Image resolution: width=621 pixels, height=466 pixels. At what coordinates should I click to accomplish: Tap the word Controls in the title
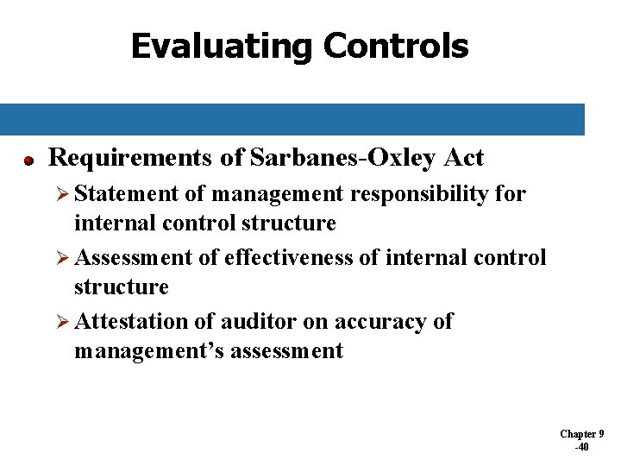(396, 46)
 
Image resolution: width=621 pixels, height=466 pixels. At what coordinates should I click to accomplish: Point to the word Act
(465, 158)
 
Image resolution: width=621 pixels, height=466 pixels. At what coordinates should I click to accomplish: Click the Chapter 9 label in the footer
(582, 434)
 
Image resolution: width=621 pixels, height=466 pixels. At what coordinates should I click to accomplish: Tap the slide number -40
(582, 447)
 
